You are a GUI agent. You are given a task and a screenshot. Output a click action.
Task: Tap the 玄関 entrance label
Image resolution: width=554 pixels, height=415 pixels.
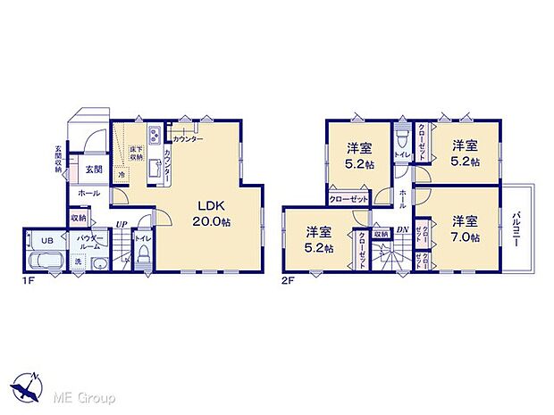click(94, 170)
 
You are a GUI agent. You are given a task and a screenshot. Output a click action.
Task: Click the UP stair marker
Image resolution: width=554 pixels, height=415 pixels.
click(119, 224)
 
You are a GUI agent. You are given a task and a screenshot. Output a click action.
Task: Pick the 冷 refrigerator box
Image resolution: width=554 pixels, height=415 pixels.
click(122, 176)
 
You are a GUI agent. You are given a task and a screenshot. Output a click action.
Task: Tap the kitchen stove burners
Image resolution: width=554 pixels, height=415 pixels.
click(155, 135)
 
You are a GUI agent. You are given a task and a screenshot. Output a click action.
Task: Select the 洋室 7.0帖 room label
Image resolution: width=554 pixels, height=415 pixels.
click(463, 228)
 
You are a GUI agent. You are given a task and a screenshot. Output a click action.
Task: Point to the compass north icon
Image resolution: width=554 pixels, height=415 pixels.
click(27, 386)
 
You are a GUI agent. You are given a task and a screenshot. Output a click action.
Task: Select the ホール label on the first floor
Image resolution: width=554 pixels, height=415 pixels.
click(89, 193)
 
